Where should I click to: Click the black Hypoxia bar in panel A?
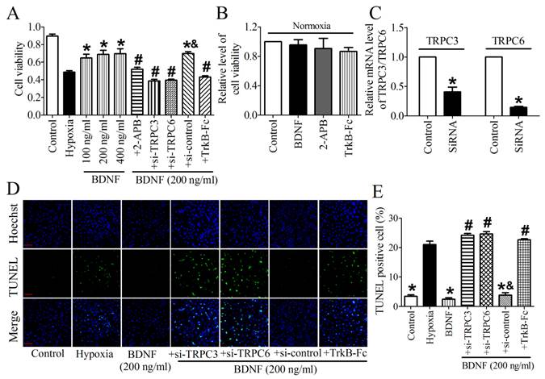[x=69, y=94]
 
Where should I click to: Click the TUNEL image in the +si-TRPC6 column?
[x=242, y=268]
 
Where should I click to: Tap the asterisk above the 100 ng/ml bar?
[x=87, y=47]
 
